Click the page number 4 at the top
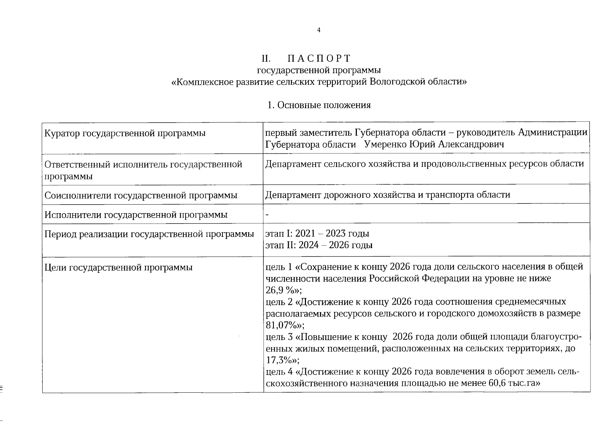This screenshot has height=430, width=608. point(319,30)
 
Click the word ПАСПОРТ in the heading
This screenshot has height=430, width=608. point(319,58)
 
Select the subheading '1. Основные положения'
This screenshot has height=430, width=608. point(319,105)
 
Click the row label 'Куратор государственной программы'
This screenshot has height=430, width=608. point(125,134)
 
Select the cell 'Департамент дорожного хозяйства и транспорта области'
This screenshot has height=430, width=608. point(388,195)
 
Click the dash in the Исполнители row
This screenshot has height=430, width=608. point(267,215)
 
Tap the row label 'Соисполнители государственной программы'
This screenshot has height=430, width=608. point(141,196)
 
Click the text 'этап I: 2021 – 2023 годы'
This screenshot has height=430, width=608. point(317,234)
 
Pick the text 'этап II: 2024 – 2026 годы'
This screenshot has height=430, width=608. point(319,245)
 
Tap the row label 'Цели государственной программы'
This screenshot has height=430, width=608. point(119,268)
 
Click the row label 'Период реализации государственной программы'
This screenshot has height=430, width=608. point(149,234)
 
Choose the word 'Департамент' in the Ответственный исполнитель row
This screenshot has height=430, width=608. point(293,164)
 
